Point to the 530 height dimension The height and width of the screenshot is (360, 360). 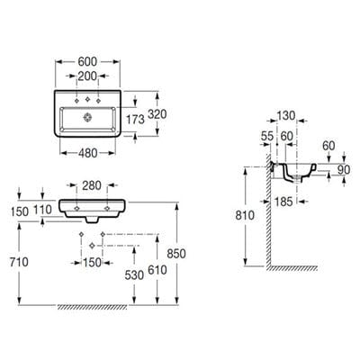tap(136, 273)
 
